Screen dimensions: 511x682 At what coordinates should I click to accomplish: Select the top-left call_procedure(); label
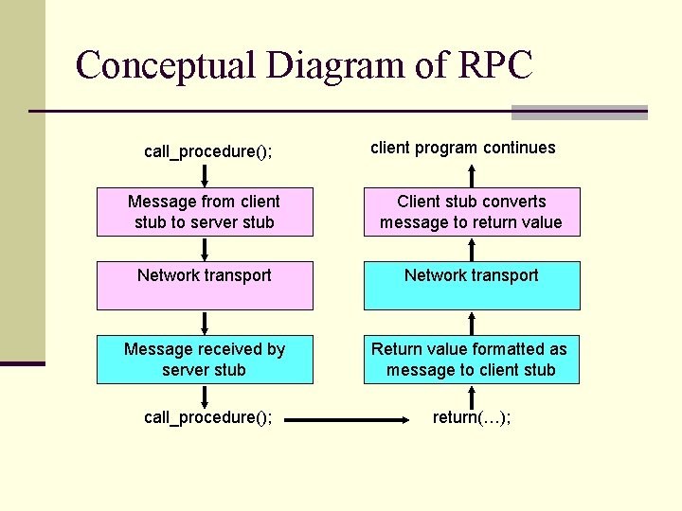point(207,150)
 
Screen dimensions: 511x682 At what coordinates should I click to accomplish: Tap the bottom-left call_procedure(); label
point(207,417)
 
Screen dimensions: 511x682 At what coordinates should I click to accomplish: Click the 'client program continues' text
point(462,148)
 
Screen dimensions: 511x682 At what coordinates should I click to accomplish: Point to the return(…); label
point(471,417)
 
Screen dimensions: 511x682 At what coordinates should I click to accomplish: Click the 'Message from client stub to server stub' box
point(205,212)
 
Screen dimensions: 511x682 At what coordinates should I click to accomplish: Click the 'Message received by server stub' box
point(205,360)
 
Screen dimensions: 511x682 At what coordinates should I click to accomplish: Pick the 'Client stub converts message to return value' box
point(472,212)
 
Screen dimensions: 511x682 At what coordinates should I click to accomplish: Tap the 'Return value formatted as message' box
point(472,360)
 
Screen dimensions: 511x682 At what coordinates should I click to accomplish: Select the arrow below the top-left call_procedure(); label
point(205,176)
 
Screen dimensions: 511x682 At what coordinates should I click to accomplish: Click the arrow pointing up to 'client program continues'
point(472,176)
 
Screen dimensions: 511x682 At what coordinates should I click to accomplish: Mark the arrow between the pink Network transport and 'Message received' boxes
point(205,323)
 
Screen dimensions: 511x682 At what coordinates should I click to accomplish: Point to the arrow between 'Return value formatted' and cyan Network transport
point(472,323)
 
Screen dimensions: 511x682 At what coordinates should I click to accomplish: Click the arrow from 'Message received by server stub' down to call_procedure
point(205,395)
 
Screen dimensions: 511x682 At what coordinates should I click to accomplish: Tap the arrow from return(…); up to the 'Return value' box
point(472,395)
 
